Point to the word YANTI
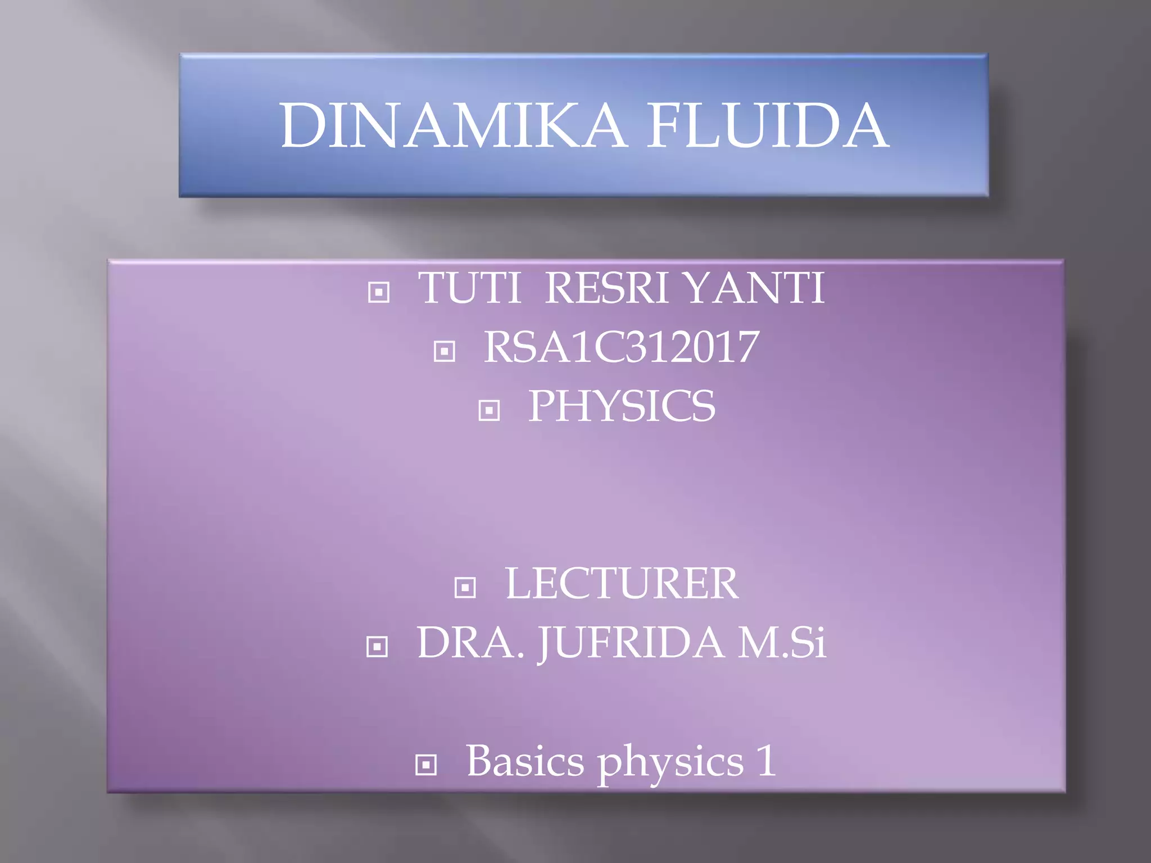[755, 288]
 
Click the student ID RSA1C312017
[621, 347]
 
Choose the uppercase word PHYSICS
[622, 406]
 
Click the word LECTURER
[622, 584]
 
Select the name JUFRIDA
[631, 643]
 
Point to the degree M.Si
[782, 643]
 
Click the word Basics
[525, 762]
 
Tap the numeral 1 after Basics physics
[766, 761]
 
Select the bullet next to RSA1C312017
[445, 352]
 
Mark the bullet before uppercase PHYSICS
[489, 410]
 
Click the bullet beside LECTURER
[465, 588]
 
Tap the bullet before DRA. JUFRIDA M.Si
[377, 647]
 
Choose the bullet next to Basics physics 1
[425, 765]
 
